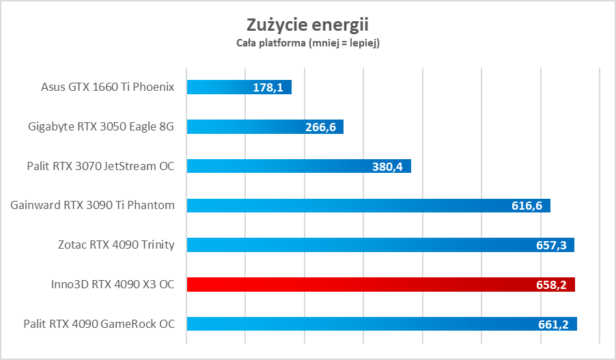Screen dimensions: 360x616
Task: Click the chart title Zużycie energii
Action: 307,25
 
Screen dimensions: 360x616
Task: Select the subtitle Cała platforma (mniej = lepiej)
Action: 307,43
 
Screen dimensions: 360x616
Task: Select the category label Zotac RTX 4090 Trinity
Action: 115,245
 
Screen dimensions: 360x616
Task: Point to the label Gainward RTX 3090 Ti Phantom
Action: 93,205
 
